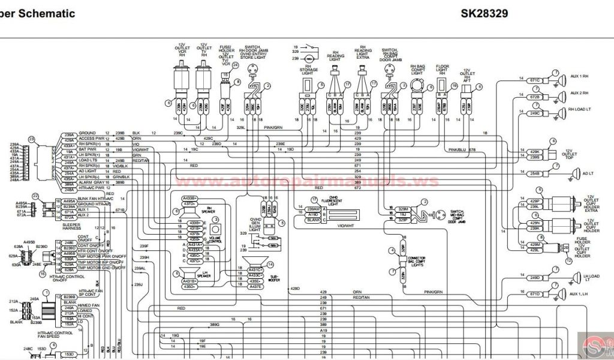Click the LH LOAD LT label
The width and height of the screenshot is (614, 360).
(x=582, y=278)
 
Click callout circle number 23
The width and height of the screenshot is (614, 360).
(x=32, y=139)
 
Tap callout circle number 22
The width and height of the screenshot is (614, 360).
(x=36, y=196)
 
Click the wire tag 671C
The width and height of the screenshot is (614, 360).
(x=534, y=80)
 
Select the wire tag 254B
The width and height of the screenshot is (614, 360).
(x=534, y=173)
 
